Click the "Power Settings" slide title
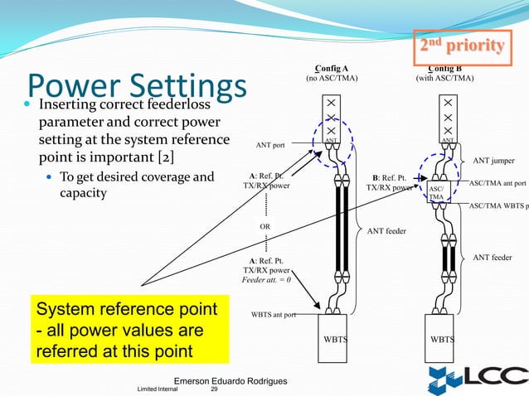137,86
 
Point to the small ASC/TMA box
436,192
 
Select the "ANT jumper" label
493,160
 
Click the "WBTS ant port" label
274,315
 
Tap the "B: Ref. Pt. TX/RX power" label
389,181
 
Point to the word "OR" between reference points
265,224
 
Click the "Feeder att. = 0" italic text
265,280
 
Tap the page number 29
214,389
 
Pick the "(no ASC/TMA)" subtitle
331,79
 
